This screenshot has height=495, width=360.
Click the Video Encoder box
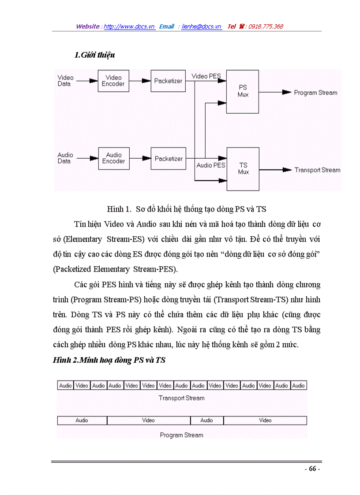[113, 81]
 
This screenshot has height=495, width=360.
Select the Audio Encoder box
[113, 158]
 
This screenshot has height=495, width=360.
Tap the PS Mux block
[243, 91]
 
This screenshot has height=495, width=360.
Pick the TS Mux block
[243, 169]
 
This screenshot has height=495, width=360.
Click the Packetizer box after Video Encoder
[168, 81]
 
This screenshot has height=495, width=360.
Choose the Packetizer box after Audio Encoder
[168, 159]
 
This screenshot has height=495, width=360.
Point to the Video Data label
[66, 81]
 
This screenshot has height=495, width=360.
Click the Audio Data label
[65, 158]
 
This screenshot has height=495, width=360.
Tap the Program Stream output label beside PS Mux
[315, 93]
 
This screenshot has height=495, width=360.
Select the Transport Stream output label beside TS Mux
[317, 170]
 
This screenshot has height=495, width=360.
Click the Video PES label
[206, 76]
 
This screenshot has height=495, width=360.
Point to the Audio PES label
[211, 165]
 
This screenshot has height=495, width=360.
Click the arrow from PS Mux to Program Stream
[275, 93]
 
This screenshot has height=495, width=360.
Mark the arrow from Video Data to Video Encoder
[88, 81]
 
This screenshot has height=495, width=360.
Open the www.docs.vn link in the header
[129, 26]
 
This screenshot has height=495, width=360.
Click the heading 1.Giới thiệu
[95, 55]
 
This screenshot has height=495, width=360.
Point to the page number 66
[312, 469]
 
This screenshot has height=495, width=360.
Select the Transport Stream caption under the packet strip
[182, 398]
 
